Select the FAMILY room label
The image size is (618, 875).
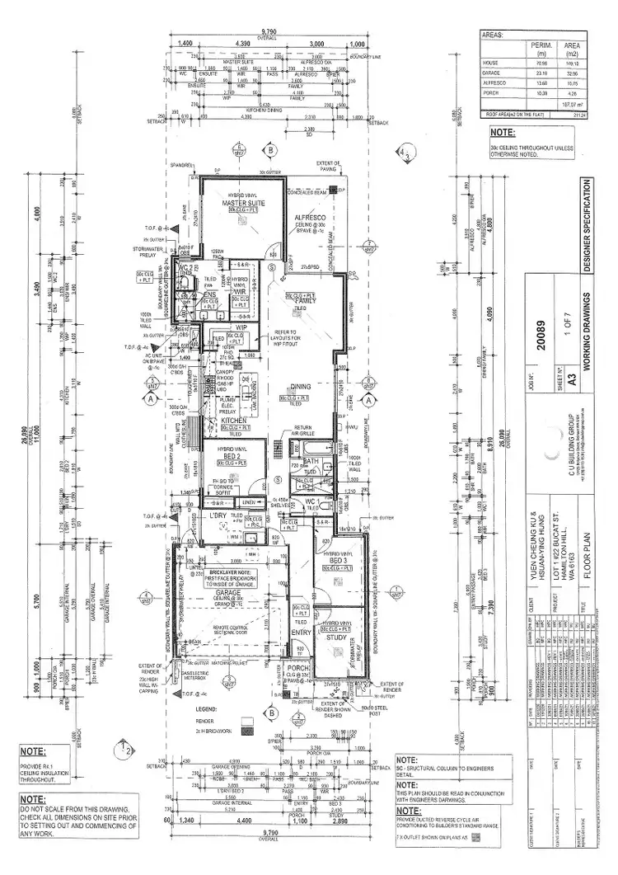click(x=307, y=301)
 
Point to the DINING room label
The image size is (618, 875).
click(x=300, y=386)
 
